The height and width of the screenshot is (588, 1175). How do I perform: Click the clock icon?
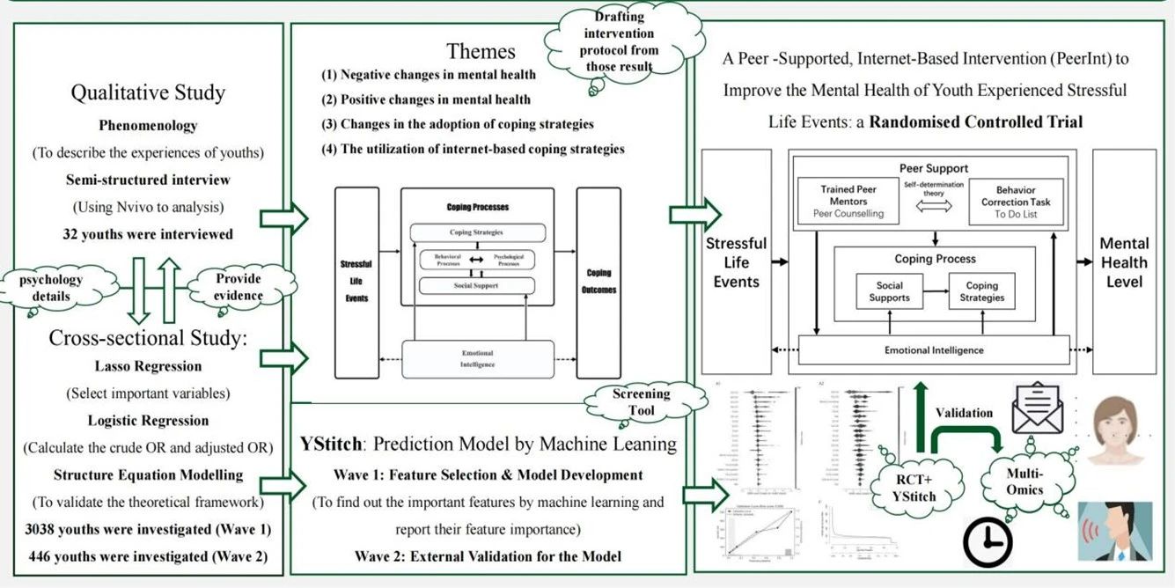[988, 540]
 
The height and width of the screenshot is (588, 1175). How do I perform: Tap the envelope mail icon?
[1037, 408]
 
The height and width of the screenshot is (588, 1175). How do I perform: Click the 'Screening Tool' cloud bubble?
[642, 402]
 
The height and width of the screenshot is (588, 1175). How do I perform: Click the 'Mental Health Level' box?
[1124, 262]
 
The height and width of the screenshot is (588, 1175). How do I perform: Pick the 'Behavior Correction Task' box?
[1016, 202]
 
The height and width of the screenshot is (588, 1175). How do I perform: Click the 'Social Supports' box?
[890, 292]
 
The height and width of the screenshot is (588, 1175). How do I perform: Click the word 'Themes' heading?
[481, 51]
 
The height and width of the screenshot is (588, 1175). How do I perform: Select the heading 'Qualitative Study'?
[148, 92]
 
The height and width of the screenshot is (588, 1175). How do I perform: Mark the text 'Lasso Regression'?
[148, 366]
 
